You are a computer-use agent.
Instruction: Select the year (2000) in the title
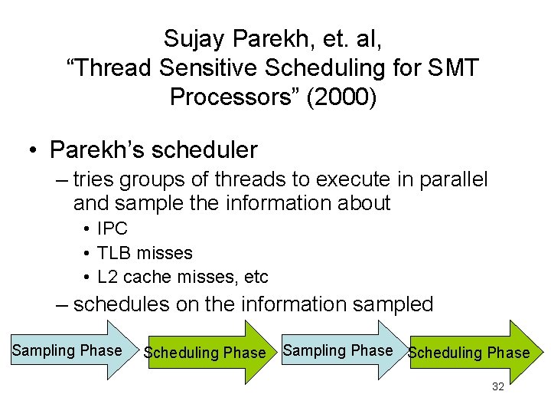347,97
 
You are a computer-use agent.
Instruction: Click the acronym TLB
113,252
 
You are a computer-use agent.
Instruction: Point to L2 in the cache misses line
107,276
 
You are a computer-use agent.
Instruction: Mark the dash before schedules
63,304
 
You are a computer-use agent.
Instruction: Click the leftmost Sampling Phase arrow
67,351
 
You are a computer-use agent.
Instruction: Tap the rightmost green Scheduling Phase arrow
469,353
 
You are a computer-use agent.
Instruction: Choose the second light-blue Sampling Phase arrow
337,351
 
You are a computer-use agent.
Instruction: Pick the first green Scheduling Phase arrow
204,353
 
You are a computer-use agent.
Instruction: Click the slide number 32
497,387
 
